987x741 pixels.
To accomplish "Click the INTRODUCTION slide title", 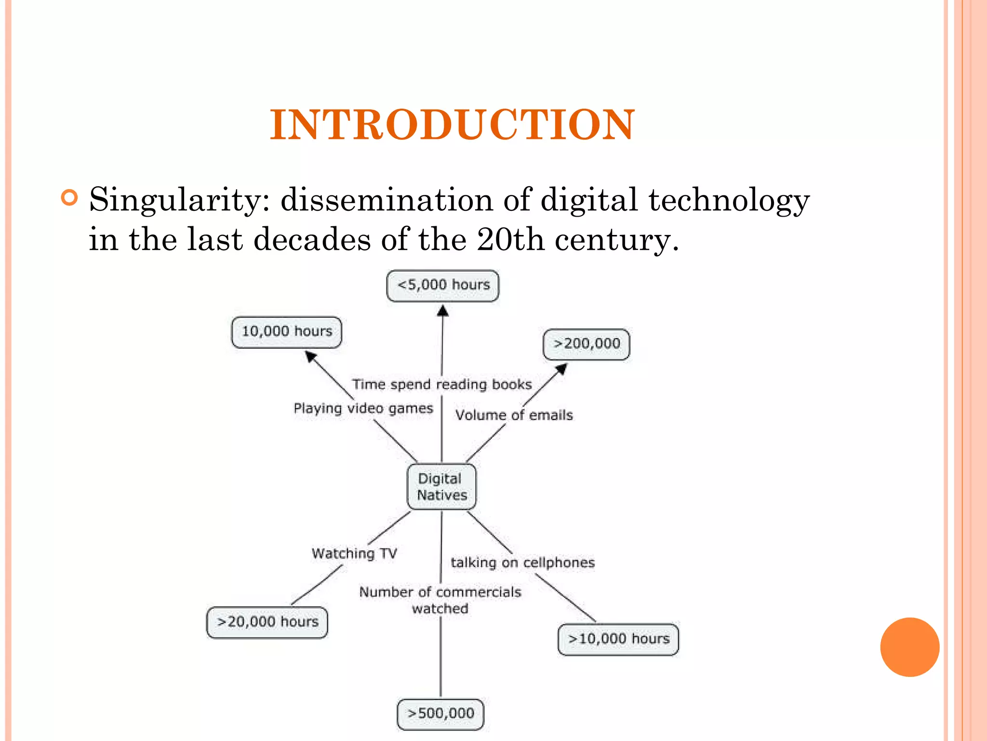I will tap(452, 125).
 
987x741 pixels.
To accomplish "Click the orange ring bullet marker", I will tap(70, 198).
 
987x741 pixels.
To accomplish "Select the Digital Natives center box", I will tap(441, 487).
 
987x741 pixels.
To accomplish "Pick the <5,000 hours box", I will tap(443, 286).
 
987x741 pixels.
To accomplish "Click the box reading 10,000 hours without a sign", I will tap(287, 332).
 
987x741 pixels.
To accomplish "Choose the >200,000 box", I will tap(587, 344).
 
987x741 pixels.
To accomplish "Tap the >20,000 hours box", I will tap(267, 622).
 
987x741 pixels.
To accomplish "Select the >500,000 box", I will tap(440, 714).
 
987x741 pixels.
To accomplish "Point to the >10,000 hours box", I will tap(618, 639).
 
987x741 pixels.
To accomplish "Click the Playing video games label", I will tap(363, 409).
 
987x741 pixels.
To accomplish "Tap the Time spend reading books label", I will tap(442, 384).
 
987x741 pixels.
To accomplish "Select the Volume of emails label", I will tap(514, 415).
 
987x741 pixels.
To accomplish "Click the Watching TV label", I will tap(354, 553).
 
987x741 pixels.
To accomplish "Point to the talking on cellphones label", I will tap(523, 563).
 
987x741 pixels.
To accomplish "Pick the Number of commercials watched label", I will tap(440, 600).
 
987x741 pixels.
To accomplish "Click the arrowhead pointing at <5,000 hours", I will tap(443, 311).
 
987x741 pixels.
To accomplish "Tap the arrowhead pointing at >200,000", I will tap(561, 369).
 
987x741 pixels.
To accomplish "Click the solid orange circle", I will tap(909, 647).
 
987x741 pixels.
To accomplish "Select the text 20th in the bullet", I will tap(510, 239).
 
